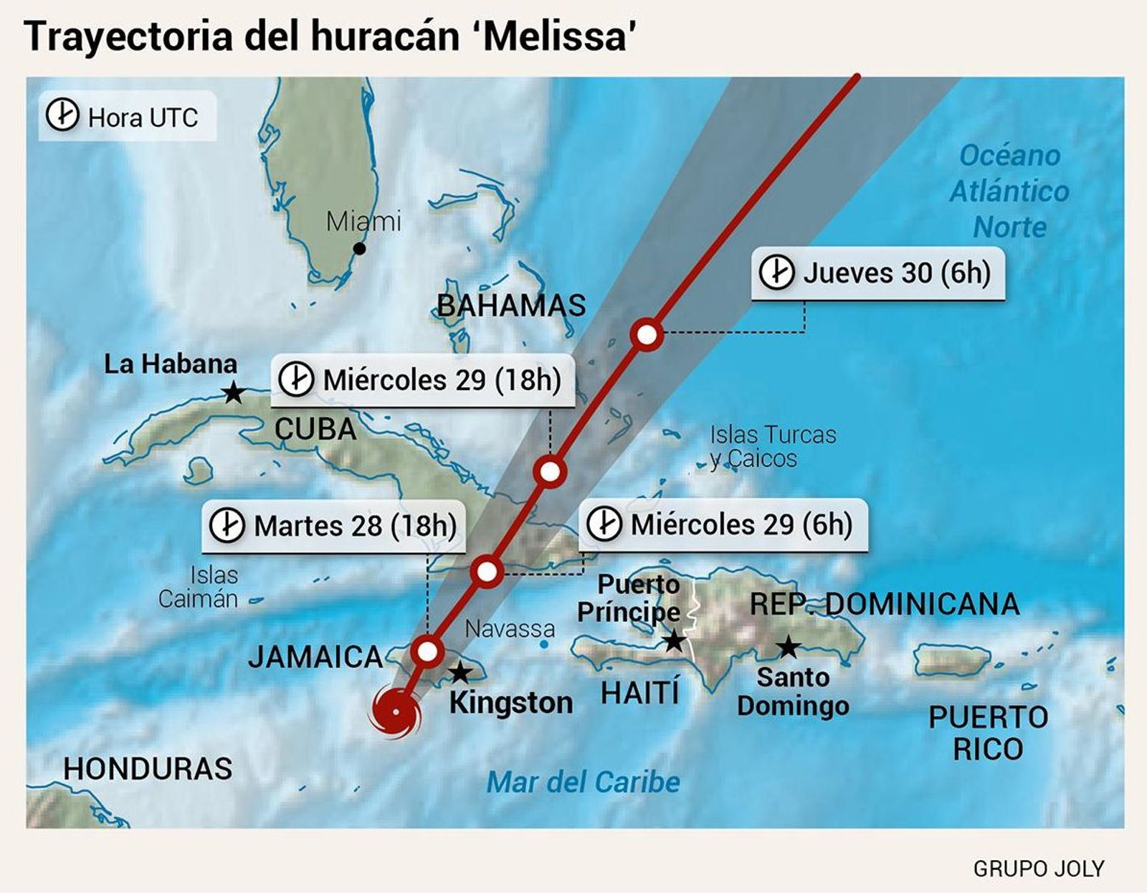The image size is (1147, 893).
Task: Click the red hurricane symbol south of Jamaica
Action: [394, 712]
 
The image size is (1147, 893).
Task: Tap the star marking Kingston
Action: [460, 673]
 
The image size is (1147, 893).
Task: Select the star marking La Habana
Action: [233, 392]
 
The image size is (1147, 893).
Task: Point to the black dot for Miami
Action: [360, 249]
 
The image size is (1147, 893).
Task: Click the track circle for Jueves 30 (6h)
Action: [647, 334]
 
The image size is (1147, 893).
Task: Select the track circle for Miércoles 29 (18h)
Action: [550, 472]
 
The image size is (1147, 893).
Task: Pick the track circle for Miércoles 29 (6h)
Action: [487, 572]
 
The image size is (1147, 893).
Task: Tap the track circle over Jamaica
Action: [427, 652]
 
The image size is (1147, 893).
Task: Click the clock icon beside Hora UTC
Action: [62, 115]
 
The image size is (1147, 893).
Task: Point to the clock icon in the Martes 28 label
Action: [227, 525]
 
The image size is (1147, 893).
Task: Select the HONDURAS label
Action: [148, 769]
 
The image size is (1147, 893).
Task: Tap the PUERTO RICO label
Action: [988, 733]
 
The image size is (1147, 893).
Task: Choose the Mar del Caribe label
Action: [583, 782]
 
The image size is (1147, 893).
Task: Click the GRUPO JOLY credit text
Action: [1038, 869]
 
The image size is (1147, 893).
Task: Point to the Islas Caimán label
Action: [199, 587]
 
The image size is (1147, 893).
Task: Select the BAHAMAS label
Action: [511, 306]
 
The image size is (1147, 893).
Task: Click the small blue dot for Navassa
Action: [544, 645]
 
